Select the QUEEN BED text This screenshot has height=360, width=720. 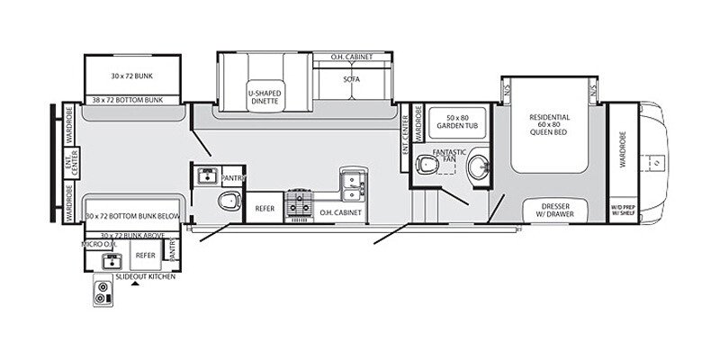[x=549, y=131]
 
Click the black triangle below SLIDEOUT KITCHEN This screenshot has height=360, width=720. [x=135, y=284]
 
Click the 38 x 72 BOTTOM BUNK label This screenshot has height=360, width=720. [x=131, y=100]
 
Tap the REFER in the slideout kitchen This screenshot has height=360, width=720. [x=145, y=256]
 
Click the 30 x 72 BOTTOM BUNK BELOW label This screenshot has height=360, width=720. [x=132, y=217]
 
